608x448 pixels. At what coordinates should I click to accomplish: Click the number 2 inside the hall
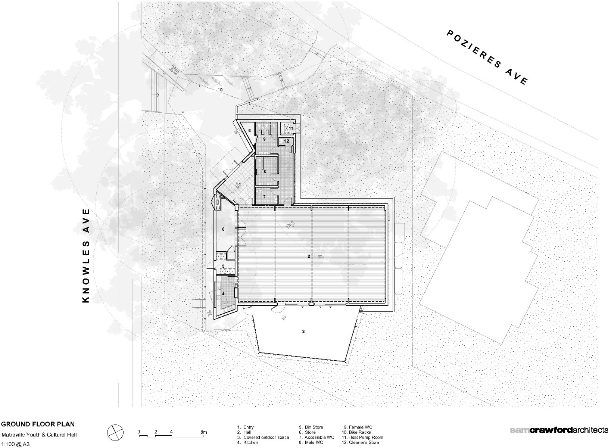(x=308, y=256)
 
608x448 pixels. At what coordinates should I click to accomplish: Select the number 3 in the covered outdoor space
(x=303, y=331)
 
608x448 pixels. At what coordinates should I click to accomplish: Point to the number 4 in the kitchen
(x=223, y=294)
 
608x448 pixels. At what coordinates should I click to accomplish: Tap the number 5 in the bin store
(x=223, y=266)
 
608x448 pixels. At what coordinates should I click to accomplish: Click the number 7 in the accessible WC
(x=264, y=196)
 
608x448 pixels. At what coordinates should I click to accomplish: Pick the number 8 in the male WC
(x=264, y=172)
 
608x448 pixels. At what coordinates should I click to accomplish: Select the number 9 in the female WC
(x=264, y=139)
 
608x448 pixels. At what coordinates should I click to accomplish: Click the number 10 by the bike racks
(x=220, y=90)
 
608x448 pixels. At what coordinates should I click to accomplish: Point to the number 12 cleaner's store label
(x=287, y=141)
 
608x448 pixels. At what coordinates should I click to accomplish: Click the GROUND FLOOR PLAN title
(x=38, y=424)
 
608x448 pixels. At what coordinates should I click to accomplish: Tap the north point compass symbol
(x=115, y=432)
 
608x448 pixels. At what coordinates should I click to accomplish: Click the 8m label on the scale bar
(x=203, y=432)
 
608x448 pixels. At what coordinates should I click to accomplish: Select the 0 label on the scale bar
(x=139, y=432)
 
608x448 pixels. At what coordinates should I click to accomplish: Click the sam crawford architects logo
(x=558, y=430)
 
